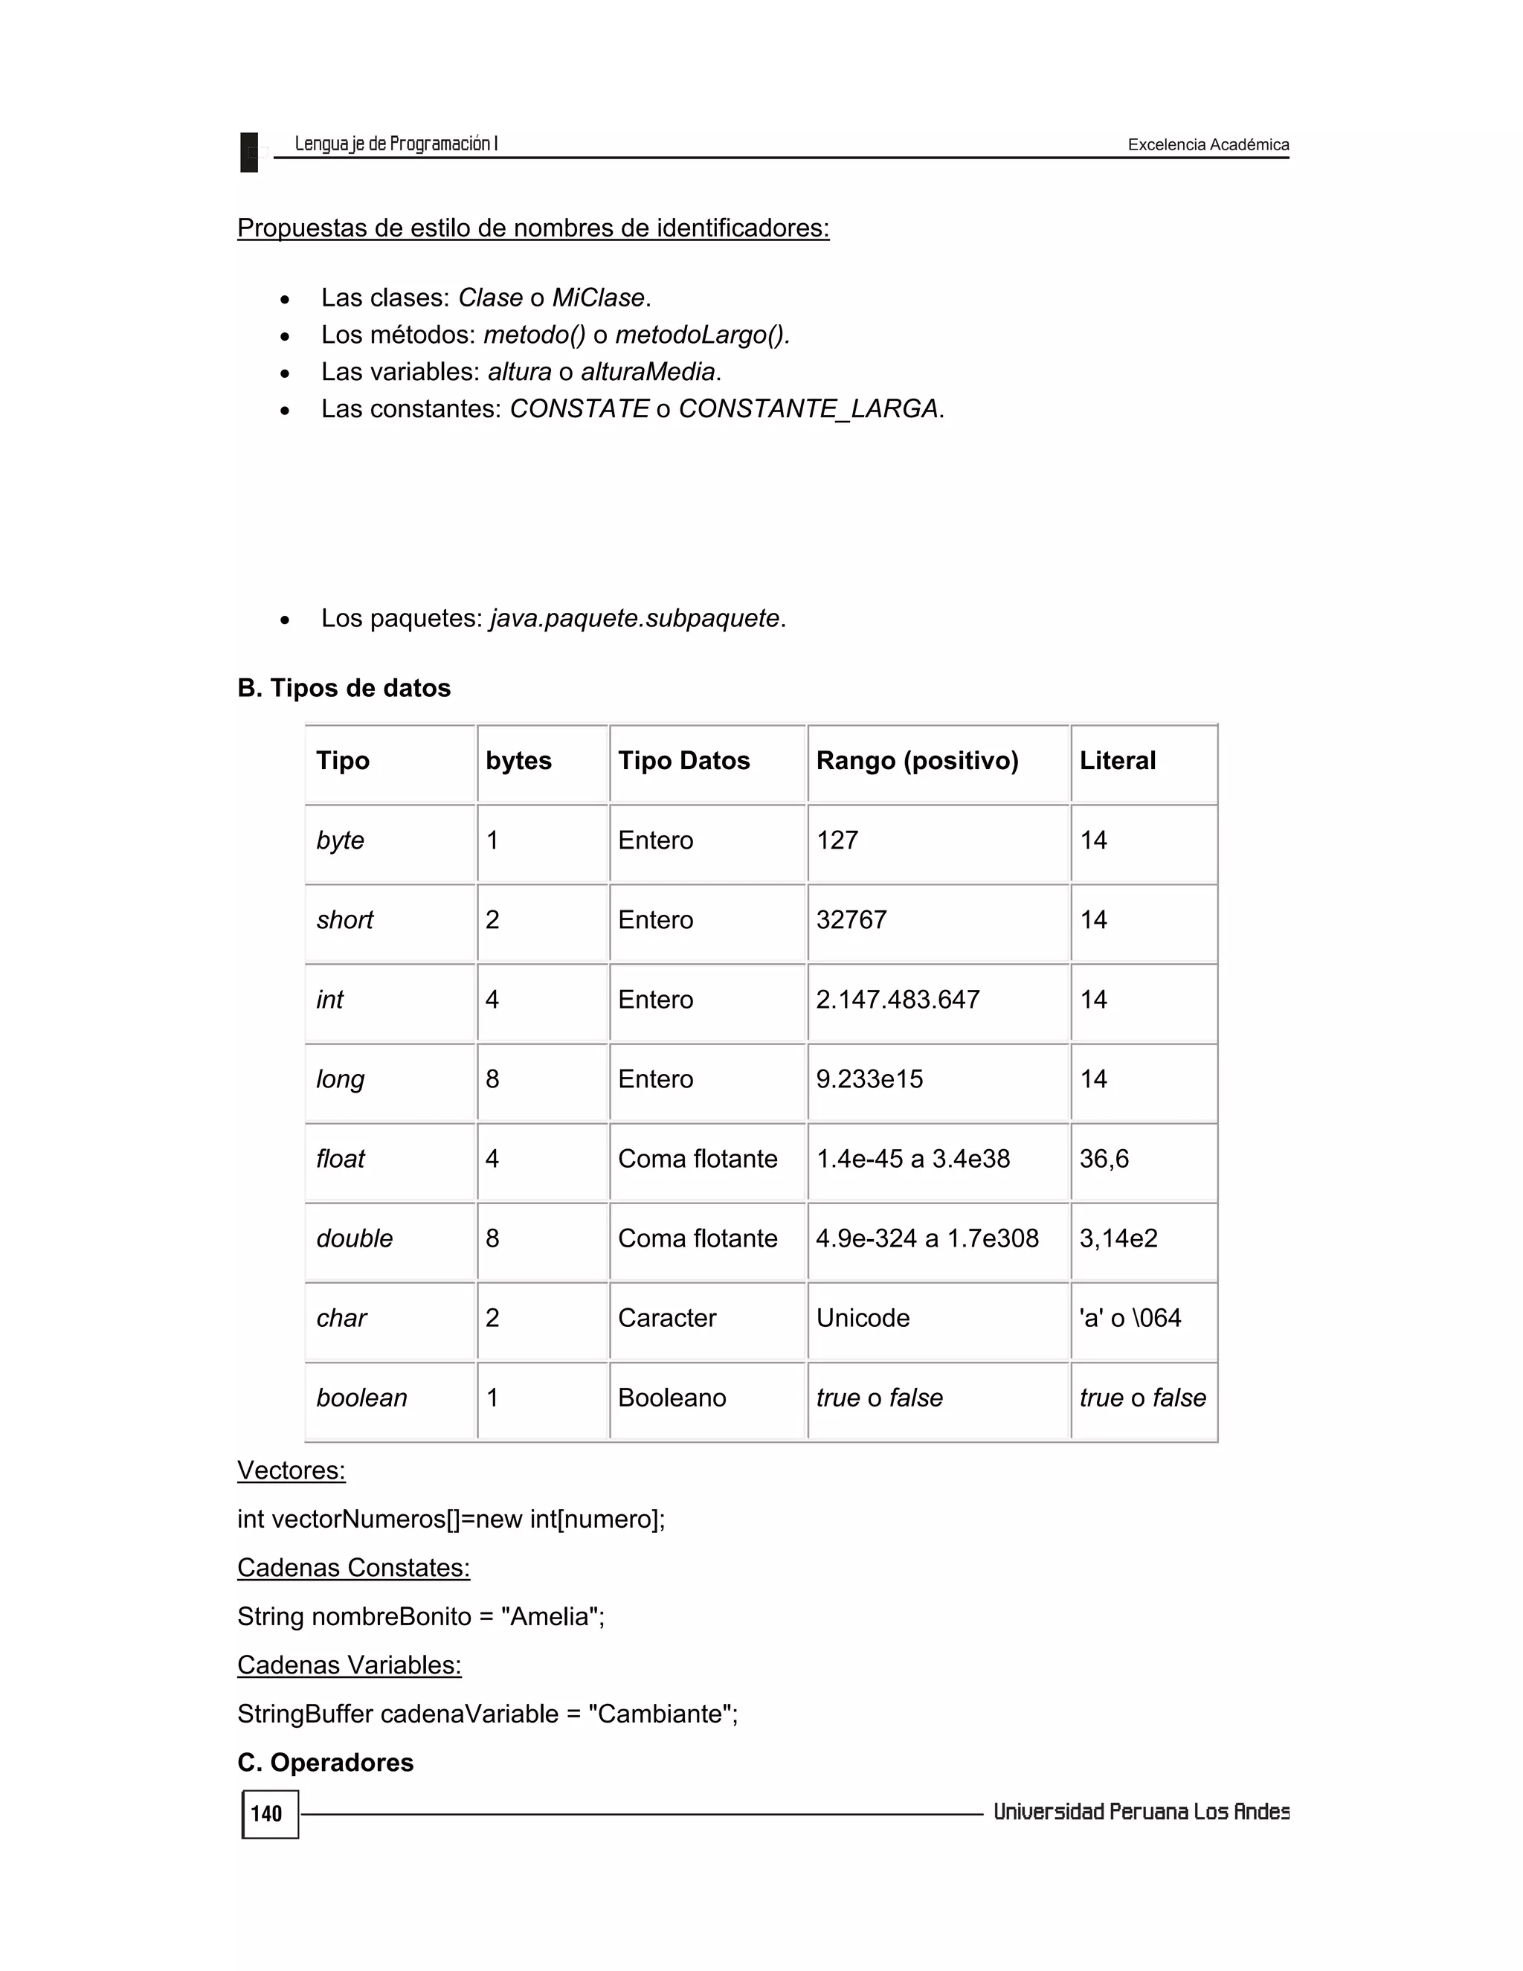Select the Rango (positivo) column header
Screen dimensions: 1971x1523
pos(917,761)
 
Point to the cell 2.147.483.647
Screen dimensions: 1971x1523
pos(897,999)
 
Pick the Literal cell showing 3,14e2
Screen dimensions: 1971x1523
pos(1118,1238)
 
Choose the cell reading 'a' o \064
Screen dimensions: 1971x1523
pos(1130,1318)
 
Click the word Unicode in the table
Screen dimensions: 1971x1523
pos(863,1318)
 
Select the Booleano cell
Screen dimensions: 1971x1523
pos(672,1398)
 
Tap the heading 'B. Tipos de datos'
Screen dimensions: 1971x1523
pos(344,688)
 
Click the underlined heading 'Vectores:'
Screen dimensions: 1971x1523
pos(291,1470)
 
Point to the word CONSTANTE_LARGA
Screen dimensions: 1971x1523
pos(808,409)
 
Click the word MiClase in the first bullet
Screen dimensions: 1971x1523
pos(598,298)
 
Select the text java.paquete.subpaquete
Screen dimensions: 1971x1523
pos(634,618)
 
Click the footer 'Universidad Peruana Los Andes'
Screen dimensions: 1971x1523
pos(1141,1812)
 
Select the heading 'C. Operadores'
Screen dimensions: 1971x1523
pos(325,1763)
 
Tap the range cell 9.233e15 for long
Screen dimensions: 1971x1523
pos(869,1079)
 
